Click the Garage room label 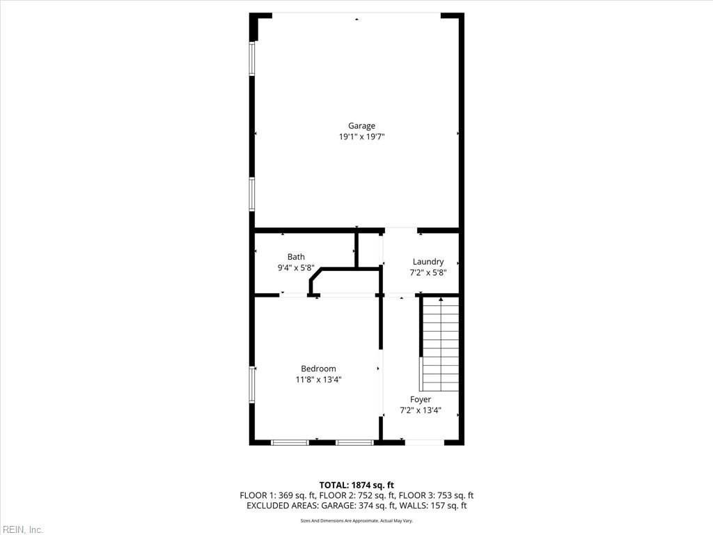361,126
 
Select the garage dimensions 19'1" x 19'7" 361,137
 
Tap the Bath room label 296,257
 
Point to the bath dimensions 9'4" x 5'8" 296,267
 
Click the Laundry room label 428,262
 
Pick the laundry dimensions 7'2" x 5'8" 428,272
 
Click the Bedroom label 318,369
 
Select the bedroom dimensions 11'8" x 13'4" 318,380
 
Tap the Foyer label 420,399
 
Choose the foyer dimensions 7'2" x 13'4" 420,410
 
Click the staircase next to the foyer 440,344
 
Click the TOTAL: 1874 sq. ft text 356,485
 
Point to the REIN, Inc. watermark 22,529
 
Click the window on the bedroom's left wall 253,385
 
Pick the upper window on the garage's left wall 253,59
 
